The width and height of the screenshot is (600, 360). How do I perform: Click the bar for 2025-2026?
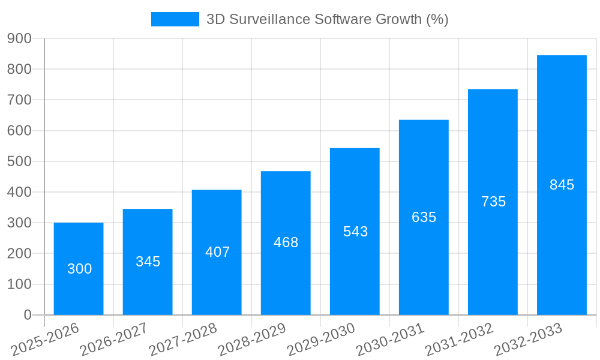point(79,269)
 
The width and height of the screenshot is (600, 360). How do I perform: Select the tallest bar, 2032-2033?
point(562,185)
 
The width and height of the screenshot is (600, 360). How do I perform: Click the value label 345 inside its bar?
point(148,262)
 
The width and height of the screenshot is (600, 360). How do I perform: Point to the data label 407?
point(217,252)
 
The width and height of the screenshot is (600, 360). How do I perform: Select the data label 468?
point(286,242)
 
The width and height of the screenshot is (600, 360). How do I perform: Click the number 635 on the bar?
point(424,217)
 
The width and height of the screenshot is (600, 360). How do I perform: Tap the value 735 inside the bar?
point(493,202)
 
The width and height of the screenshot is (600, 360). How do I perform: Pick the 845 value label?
point(562,185)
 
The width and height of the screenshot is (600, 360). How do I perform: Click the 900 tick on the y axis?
point(19,38)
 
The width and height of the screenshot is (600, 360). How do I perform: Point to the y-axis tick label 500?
point(19,161)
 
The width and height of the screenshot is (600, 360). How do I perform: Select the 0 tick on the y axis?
point(27,315)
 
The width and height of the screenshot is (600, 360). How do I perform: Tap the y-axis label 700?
point(19,100)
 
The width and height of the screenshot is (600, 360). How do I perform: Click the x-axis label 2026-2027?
point(114,340)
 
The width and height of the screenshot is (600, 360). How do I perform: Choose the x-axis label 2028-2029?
point(252,340)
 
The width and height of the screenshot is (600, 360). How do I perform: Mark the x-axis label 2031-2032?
point(459,340)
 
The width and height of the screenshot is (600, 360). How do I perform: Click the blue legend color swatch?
point(175,19)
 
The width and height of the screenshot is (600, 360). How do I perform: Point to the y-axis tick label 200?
point(19,253)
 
